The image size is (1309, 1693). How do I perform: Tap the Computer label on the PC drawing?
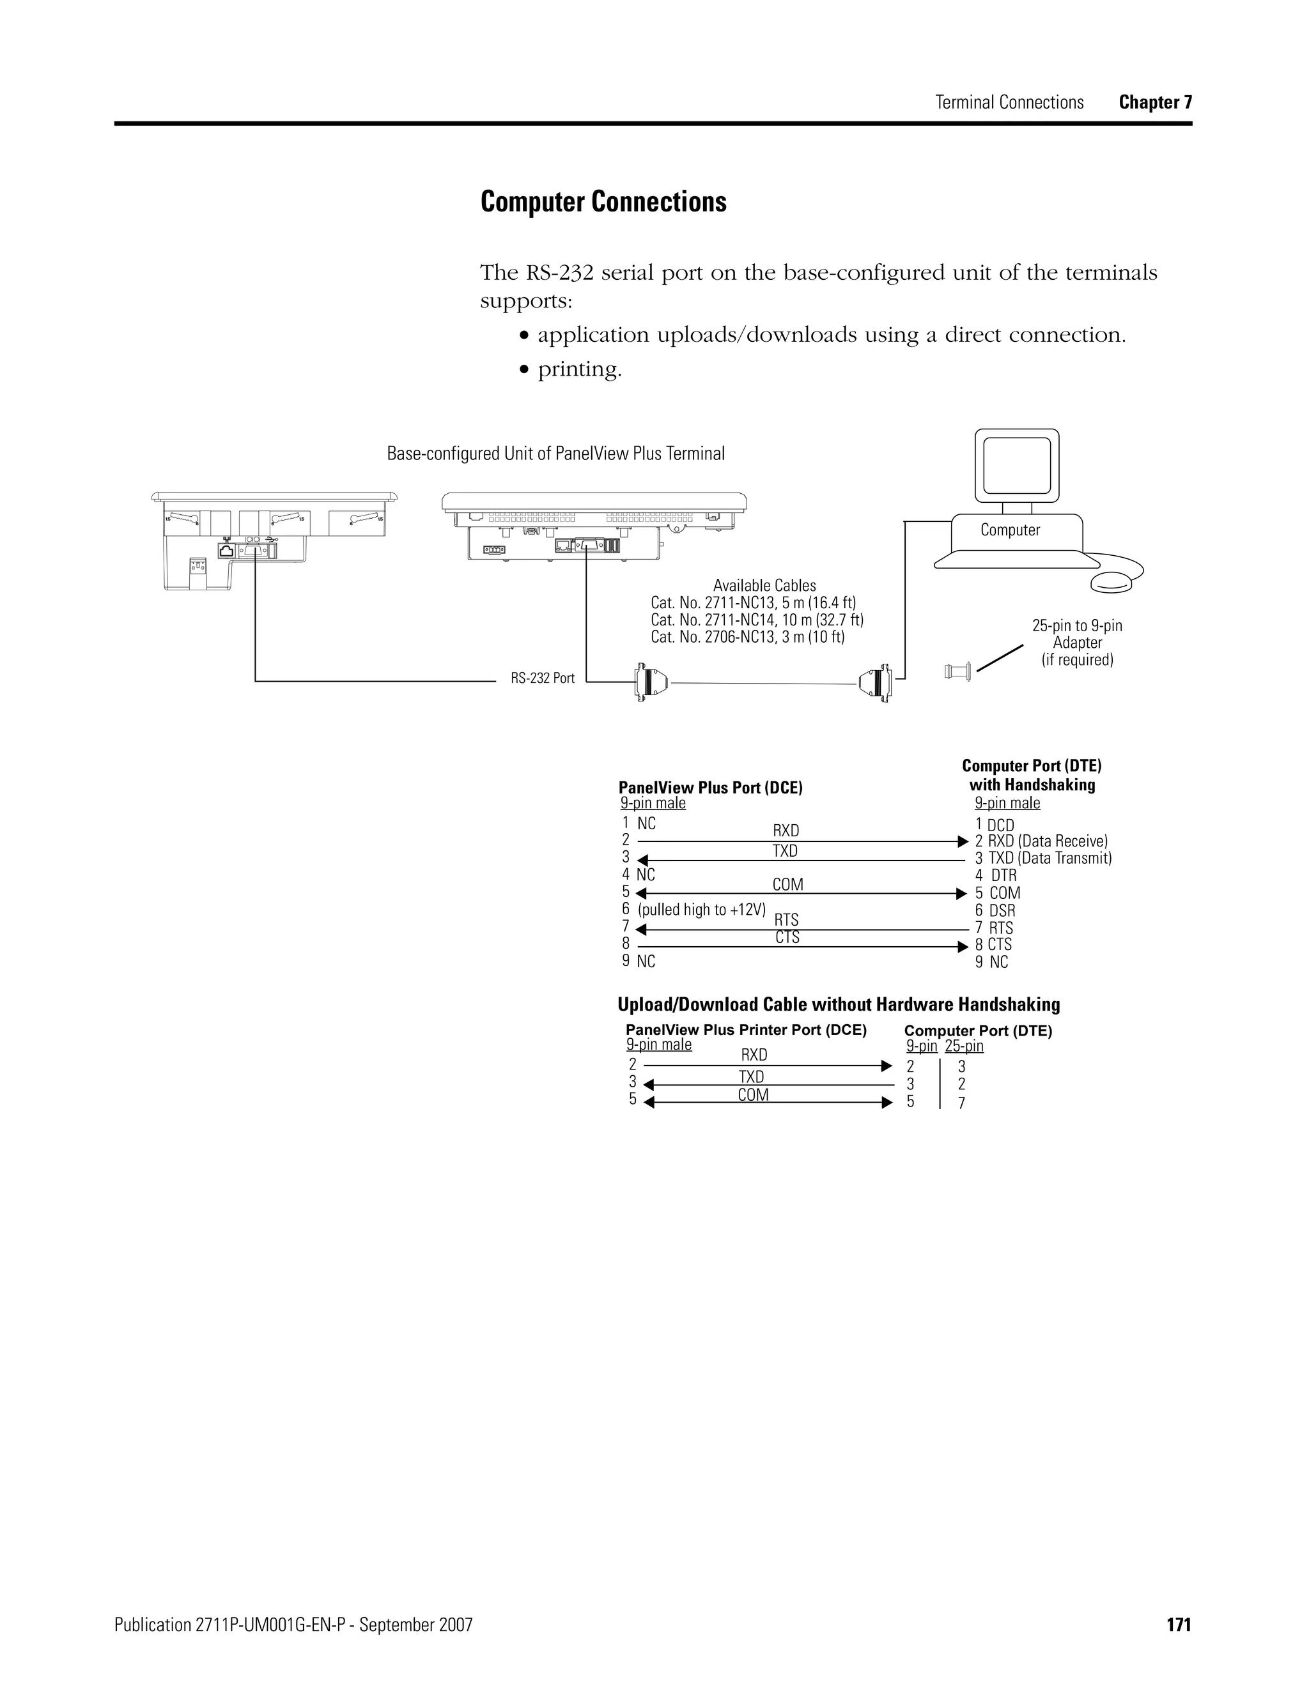pos(1010,530)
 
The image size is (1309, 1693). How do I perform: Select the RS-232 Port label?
pos(542,678)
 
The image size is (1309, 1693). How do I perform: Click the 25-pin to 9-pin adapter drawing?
pos(959,671)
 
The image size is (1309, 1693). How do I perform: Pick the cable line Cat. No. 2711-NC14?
pos(757,620)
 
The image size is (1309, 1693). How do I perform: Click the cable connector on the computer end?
pos(878,684)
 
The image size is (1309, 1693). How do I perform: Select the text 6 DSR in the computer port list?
pos(995,911)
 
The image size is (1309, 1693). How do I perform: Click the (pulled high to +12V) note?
pos(702,910)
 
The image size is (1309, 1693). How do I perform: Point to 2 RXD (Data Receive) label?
pos(1041,841)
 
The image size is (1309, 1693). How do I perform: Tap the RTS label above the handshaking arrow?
pos(786,919)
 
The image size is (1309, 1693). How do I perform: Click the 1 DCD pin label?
pos(995,825)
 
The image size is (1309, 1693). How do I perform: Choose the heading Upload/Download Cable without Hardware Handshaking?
pos(839,1005)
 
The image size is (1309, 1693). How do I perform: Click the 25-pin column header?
pos(964,1046)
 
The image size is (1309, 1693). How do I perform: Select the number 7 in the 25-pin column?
pos(961,1103)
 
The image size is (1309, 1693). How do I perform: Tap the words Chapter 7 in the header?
pos(1156,102)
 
